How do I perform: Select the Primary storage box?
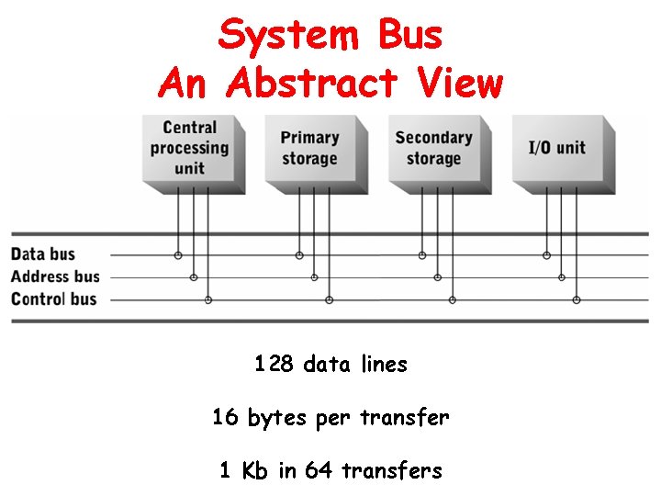(310, 148)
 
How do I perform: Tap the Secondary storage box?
(433, 148)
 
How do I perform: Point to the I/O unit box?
(557, 148)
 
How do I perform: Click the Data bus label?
(43, 254)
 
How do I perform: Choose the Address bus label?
(55, 276)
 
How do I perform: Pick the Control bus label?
(53, 299)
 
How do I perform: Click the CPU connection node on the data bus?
(178, 254)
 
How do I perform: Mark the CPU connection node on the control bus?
(208, 299)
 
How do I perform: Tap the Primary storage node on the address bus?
(315, 276)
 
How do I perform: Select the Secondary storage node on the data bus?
(422, 254)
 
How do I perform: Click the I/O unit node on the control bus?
(577, 299)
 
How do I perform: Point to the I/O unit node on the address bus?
(562, 276)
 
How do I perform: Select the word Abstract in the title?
(311, 84)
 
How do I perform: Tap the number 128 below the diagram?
(274, 365)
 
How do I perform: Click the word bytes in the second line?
(278, 419)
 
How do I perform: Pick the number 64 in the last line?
(319, 471)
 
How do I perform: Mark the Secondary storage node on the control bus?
(453, 299)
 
